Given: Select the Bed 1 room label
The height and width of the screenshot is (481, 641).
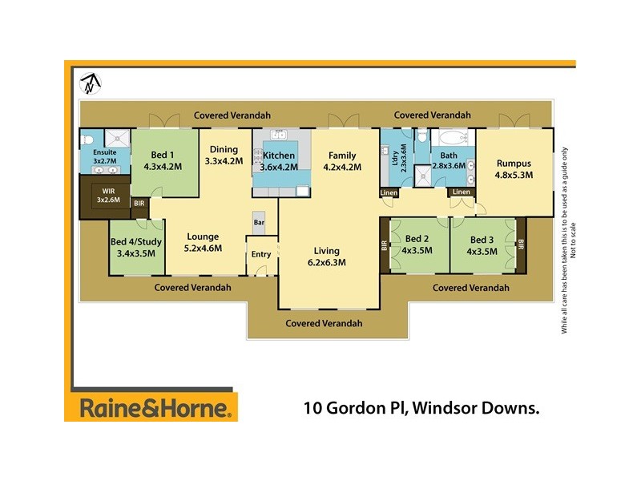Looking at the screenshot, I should [x=163, y=161].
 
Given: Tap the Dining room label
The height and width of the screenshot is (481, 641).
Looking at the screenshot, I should [x=224, y=155].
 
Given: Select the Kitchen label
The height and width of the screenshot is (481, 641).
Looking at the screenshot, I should [x=278, y=161].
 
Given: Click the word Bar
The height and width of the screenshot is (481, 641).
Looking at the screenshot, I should [x=259, y=221].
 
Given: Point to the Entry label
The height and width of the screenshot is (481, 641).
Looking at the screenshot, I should [x=261, y=254].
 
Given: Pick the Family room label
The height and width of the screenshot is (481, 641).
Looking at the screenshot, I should [x=342, y=161].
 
